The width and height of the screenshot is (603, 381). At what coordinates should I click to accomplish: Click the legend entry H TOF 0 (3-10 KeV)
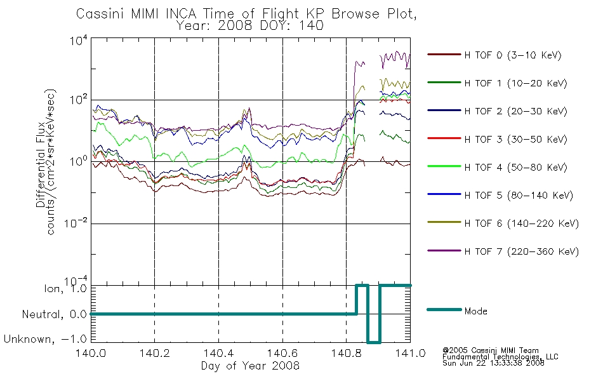pyautogui.click(x=513, y=55)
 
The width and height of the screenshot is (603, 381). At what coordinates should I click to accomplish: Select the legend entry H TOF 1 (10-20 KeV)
pyautogui.click(x=515, y=83)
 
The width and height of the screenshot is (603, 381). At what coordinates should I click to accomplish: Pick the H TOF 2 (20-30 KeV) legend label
pyautogui.click(x=515, y=111)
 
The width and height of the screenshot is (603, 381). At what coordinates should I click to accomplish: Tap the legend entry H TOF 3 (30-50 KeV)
pyautogui.click(x=515, y=139)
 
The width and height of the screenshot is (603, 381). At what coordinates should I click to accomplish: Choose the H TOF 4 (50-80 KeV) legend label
pyautogui.click(x=515, y=168)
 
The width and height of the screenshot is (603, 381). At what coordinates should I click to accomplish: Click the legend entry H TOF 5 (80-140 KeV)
pyautogui.click(x=519, y=196)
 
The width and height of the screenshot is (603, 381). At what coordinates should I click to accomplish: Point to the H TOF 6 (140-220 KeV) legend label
pyautogui.click(x=521, y=224)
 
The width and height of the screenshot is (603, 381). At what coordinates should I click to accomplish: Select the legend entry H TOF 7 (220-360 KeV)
pyautogui.click(x=521, y=251)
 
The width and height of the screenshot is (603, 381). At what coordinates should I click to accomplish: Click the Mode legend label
pyautogui.click(x=475, y=311)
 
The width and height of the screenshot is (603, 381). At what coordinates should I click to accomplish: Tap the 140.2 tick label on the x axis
pyautogui.click(x=155, y=353)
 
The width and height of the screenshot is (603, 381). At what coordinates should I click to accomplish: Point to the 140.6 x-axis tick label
pyautogui.click(x=282, y=353)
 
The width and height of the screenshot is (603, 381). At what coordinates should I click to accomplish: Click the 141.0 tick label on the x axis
pyautogui.click(x=410, y=353)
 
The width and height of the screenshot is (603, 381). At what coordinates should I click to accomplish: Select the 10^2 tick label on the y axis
pyautogui.click(x=78, y=100)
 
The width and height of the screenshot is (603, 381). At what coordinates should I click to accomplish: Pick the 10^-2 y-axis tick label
pyautogui.click(x=76, y=223)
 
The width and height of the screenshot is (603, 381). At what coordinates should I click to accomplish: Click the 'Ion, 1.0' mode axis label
pyautogui.click(x=65, y=289)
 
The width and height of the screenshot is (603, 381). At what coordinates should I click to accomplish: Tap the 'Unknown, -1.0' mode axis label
pyautogui.click(x=45, y=339)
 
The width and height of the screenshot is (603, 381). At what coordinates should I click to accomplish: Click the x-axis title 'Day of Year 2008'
pyautogui.click(x=250, y=366)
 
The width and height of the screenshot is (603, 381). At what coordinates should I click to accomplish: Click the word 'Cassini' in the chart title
pyautogui.click(x=101, y=14)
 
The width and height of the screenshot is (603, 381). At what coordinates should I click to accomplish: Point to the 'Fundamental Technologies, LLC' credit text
pyautogui.click(x=500, y=357)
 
